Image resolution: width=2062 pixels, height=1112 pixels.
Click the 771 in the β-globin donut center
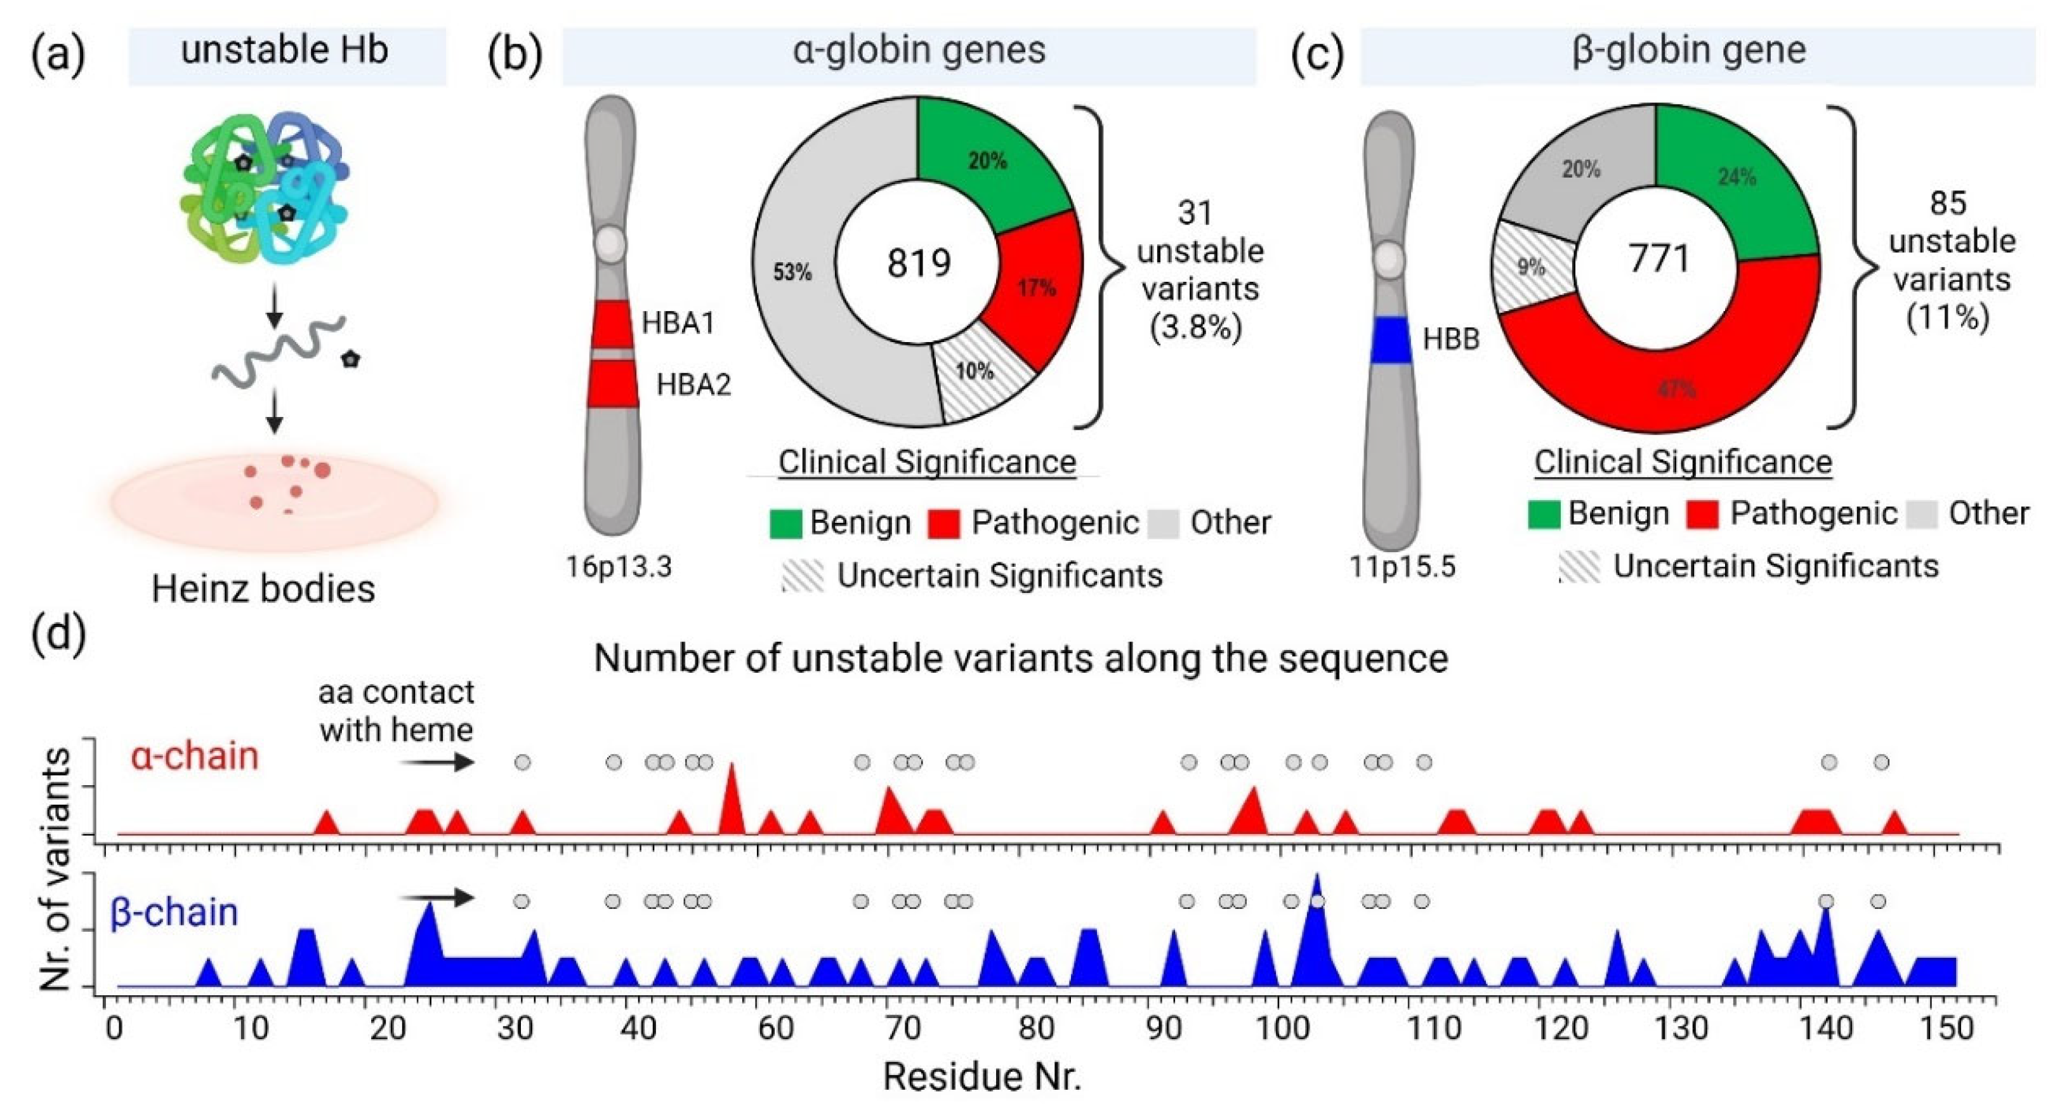coord(1658,258)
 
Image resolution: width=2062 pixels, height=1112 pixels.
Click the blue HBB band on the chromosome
coord(1390,340)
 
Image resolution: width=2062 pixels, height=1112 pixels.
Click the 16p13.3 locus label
coord(619,567)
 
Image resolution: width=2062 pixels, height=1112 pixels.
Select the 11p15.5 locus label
coord(1402,567)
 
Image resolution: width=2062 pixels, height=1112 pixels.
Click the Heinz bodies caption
coord(263,589)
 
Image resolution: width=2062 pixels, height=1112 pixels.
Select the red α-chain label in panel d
coord(195,756)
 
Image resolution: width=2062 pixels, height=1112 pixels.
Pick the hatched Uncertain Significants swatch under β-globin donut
coord(1579,567)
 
